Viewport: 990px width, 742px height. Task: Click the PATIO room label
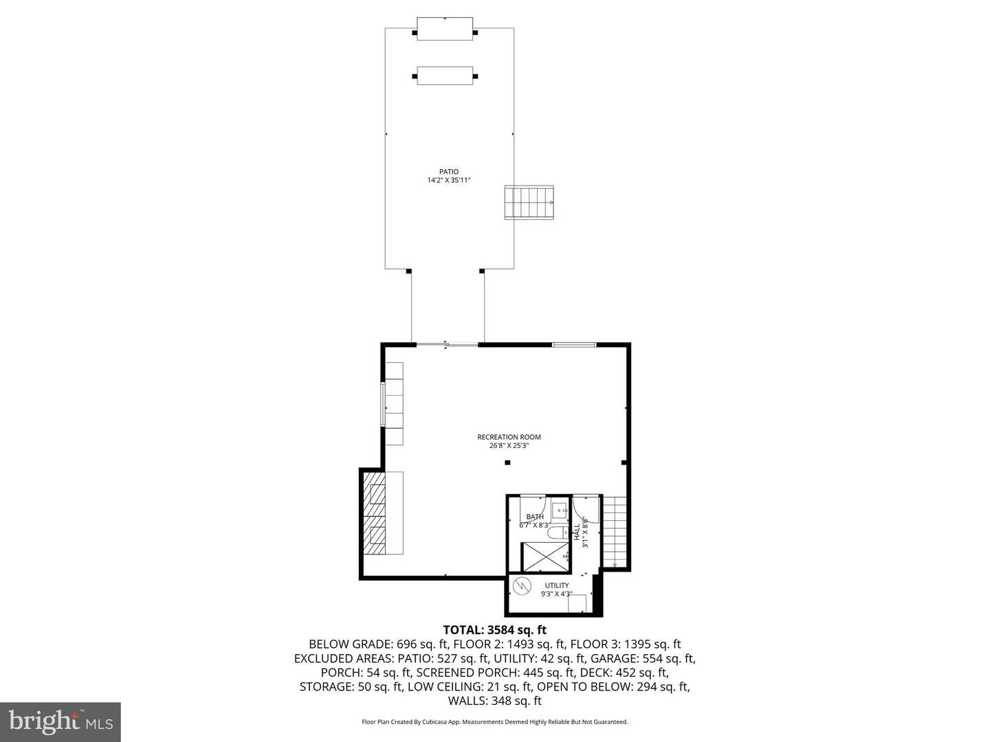pos(449,172)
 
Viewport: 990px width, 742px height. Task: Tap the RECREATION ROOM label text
pos(509,437)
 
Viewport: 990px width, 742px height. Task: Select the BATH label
pos(535,517)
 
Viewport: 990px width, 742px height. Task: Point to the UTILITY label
pos(557,585)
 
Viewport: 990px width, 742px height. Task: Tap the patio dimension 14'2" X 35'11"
pos(449,181)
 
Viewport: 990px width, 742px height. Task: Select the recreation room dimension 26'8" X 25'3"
pos(509,446)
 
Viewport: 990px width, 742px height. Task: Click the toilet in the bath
pos(555,532)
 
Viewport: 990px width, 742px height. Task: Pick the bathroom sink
pos(560,509)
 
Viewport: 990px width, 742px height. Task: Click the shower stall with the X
pos(544,556)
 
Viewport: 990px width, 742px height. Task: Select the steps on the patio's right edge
pos(529,202)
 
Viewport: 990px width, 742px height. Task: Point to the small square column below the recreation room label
pos(507,462)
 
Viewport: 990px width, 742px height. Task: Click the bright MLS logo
pos(60,721)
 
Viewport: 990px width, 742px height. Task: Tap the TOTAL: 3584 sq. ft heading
pos(494,629)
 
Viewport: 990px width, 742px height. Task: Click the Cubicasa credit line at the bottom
pos(494,722)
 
